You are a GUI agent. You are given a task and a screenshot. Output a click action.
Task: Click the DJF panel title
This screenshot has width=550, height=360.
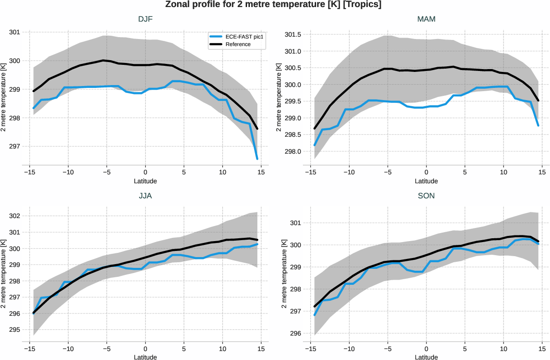145,19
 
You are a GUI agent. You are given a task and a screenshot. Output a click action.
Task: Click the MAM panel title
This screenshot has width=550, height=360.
426,19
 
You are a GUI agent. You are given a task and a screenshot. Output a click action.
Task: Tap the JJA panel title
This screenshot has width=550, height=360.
145,196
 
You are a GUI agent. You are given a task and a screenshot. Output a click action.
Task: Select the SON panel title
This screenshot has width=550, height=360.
426,196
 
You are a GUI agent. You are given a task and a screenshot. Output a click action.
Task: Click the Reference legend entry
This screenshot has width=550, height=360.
238,44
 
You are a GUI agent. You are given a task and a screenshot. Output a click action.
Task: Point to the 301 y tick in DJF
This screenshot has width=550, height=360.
15,32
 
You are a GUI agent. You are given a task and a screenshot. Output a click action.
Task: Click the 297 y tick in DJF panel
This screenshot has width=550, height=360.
15,147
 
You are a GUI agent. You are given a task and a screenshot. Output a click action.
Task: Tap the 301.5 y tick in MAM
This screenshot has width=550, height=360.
292,35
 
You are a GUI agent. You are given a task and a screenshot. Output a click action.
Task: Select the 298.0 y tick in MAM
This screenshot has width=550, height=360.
292,152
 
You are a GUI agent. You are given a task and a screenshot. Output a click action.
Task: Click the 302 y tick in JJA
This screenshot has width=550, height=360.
15,216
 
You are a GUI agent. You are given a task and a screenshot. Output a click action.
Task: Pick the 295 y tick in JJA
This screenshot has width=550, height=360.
15,329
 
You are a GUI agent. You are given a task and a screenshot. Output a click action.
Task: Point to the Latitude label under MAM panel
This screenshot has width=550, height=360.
426,181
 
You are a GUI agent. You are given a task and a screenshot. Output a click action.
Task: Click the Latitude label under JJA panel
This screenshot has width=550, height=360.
145,358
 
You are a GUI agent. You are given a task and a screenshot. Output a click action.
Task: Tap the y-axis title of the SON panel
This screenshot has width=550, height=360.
284,274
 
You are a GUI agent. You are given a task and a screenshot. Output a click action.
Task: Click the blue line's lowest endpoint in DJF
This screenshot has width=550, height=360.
257,159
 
